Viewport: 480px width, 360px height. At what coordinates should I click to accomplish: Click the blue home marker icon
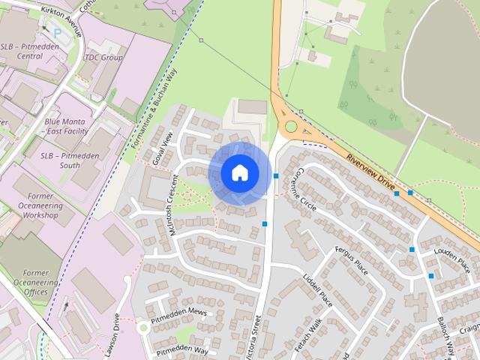(x=239, y=173)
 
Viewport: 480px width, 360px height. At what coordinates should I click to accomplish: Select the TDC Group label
(x=103, y=58)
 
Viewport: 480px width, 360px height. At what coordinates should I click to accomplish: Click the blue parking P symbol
(x=57, y=33)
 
